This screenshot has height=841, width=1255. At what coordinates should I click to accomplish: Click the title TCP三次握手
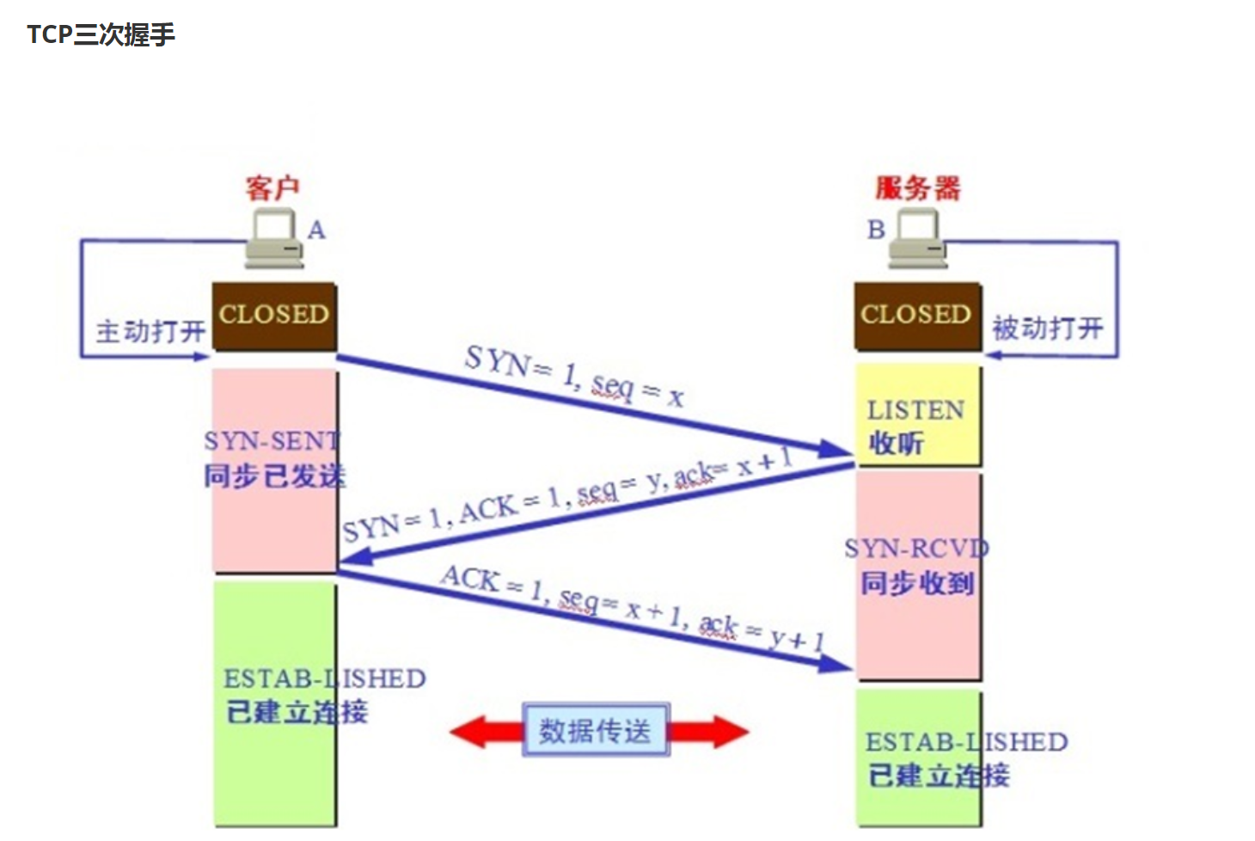click(101, 34)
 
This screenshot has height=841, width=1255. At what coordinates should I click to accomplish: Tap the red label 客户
click(272, 187)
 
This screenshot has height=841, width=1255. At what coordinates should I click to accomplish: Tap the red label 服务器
click(917, 187)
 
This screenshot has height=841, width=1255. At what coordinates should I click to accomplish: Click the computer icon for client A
click(274, 239)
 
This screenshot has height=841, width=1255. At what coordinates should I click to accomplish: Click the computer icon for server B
click(917, 239)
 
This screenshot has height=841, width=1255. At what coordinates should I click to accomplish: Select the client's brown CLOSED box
click(274, 316)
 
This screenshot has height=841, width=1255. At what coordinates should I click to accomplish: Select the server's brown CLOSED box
click(917, 316)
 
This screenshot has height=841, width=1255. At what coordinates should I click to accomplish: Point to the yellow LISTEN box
click(917, 415)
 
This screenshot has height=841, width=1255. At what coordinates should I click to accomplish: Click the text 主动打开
click(150, 331)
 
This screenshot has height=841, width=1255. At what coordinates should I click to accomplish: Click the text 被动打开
click(1047, 328)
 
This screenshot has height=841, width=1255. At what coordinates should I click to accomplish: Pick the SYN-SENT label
click(272, 441)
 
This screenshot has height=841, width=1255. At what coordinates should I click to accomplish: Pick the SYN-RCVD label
click(916, 549)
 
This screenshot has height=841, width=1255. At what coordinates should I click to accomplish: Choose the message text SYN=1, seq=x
click(573, 376)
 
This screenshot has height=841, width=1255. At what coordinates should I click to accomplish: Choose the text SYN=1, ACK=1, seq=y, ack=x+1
click(567, 496)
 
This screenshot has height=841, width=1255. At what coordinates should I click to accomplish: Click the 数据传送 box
click(596, 731)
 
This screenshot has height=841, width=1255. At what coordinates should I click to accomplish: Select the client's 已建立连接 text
click(297, 712)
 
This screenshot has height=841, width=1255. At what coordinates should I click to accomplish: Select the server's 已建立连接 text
click(939, 776)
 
